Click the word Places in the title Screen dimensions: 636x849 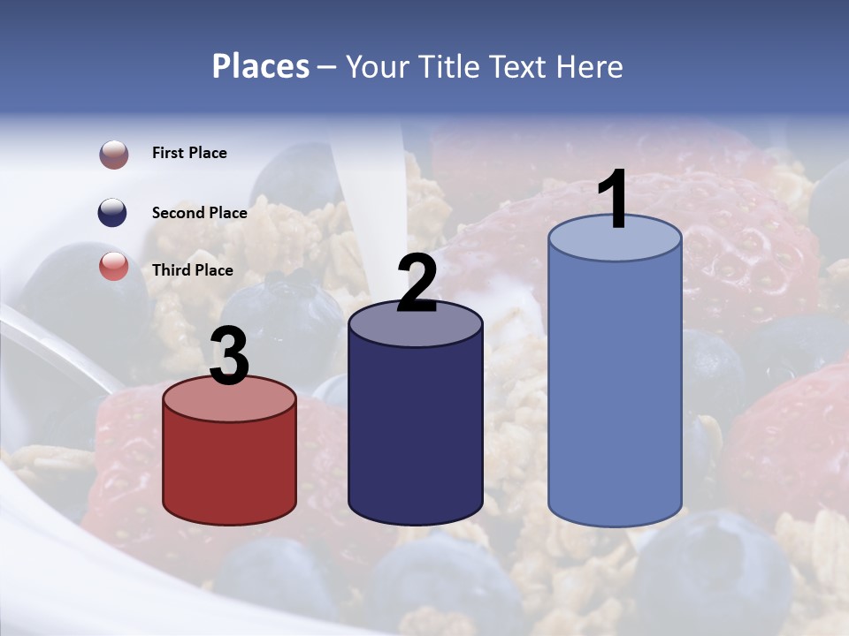click(261, 66)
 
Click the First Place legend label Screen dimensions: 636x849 click(189, 153)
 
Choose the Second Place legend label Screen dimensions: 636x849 click(199, 212)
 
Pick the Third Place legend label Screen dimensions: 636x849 click(192, 270)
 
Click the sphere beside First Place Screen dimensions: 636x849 click(114, 155)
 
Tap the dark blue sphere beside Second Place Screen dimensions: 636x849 click(114, 213)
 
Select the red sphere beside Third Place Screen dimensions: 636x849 click(114, 266)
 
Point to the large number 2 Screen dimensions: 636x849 click(417, 284)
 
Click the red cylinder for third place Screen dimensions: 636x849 click(229, 468)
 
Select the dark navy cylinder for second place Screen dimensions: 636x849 click(415, 433)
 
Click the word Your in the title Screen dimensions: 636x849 click(377, 66)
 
